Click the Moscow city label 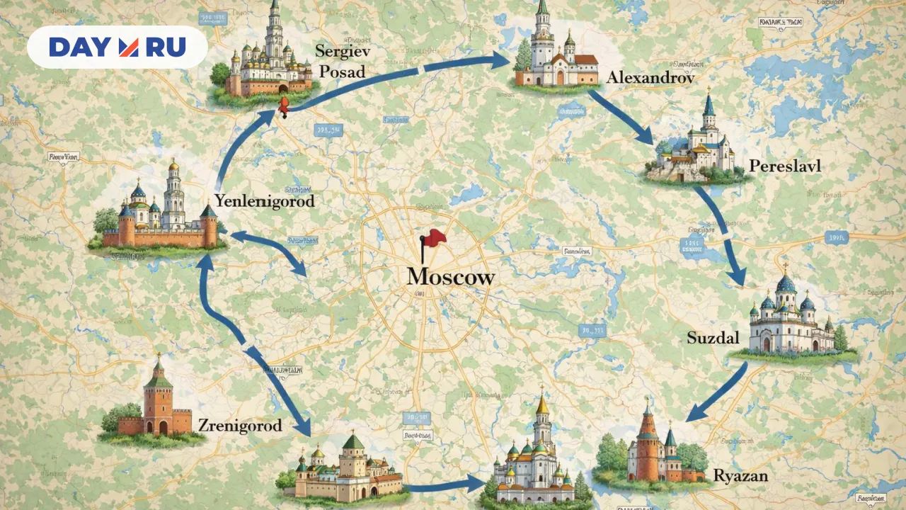click(450, 277)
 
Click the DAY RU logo click(117, 47)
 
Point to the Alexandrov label click(650, 77)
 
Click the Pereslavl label click(784, 167)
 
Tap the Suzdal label click(713, 338)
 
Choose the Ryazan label click(740, 476)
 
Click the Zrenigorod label click(240, 426)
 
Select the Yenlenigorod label click(264, 201)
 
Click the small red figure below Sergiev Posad click(283, 108)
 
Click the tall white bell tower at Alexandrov click(543, 42)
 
